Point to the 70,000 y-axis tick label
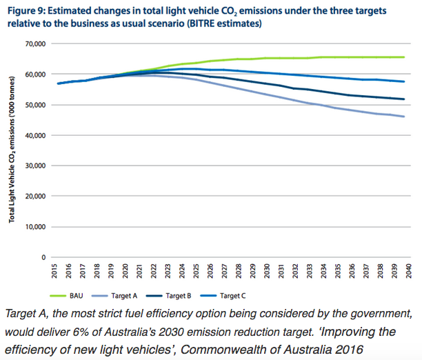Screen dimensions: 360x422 [x=34, y=43]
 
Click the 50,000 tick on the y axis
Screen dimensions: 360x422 [x=34, y=105]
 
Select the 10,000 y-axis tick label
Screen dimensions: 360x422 [x=34, y=226]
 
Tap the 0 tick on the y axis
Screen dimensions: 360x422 [x=42, y=257]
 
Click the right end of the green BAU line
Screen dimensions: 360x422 [x=403, y=57]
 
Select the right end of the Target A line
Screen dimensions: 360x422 [x=403, y=117]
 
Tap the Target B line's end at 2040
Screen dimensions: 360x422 [x=403, y=99]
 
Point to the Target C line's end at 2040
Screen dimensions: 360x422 [x=403, y=82]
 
